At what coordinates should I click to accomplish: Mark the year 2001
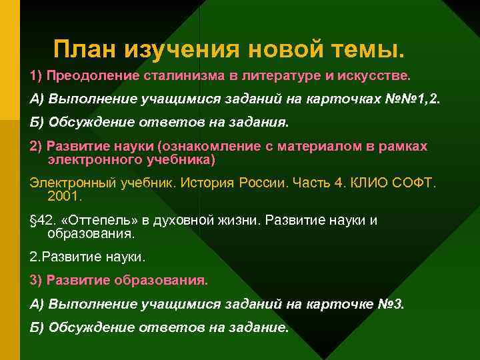pos(63,197)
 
